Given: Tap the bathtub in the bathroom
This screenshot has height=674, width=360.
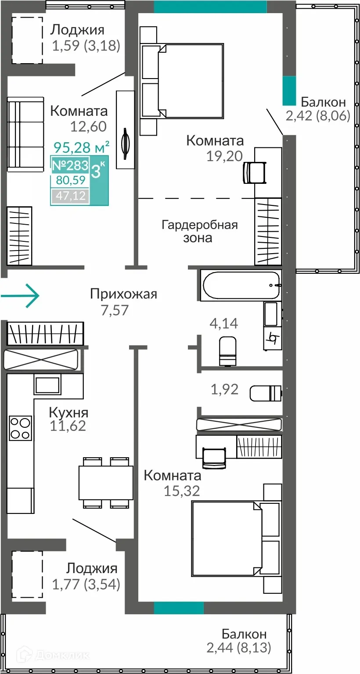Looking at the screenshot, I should pos(241,285).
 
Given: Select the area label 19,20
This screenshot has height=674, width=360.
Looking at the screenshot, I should pos(224,156).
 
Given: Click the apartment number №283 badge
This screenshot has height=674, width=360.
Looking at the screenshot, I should pos(70,165).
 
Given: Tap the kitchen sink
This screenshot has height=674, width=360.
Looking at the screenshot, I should pos(47,385).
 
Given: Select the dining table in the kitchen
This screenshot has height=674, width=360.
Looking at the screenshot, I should pos(105,483).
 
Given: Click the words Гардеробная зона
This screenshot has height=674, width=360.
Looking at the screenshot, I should pos(200,231).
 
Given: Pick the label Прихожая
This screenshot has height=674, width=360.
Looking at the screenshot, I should pos(123,294).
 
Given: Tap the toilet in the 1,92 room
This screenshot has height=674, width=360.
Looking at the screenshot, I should pos(265,393).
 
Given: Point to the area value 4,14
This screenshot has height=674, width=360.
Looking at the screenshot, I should pos(224,323).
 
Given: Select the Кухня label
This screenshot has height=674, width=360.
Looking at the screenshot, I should pos(68,412).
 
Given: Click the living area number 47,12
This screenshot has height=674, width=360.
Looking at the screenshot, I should pos(70,196).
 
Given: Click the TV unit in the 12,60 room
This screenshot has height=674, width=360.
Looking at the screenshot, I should pos(125,129).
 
